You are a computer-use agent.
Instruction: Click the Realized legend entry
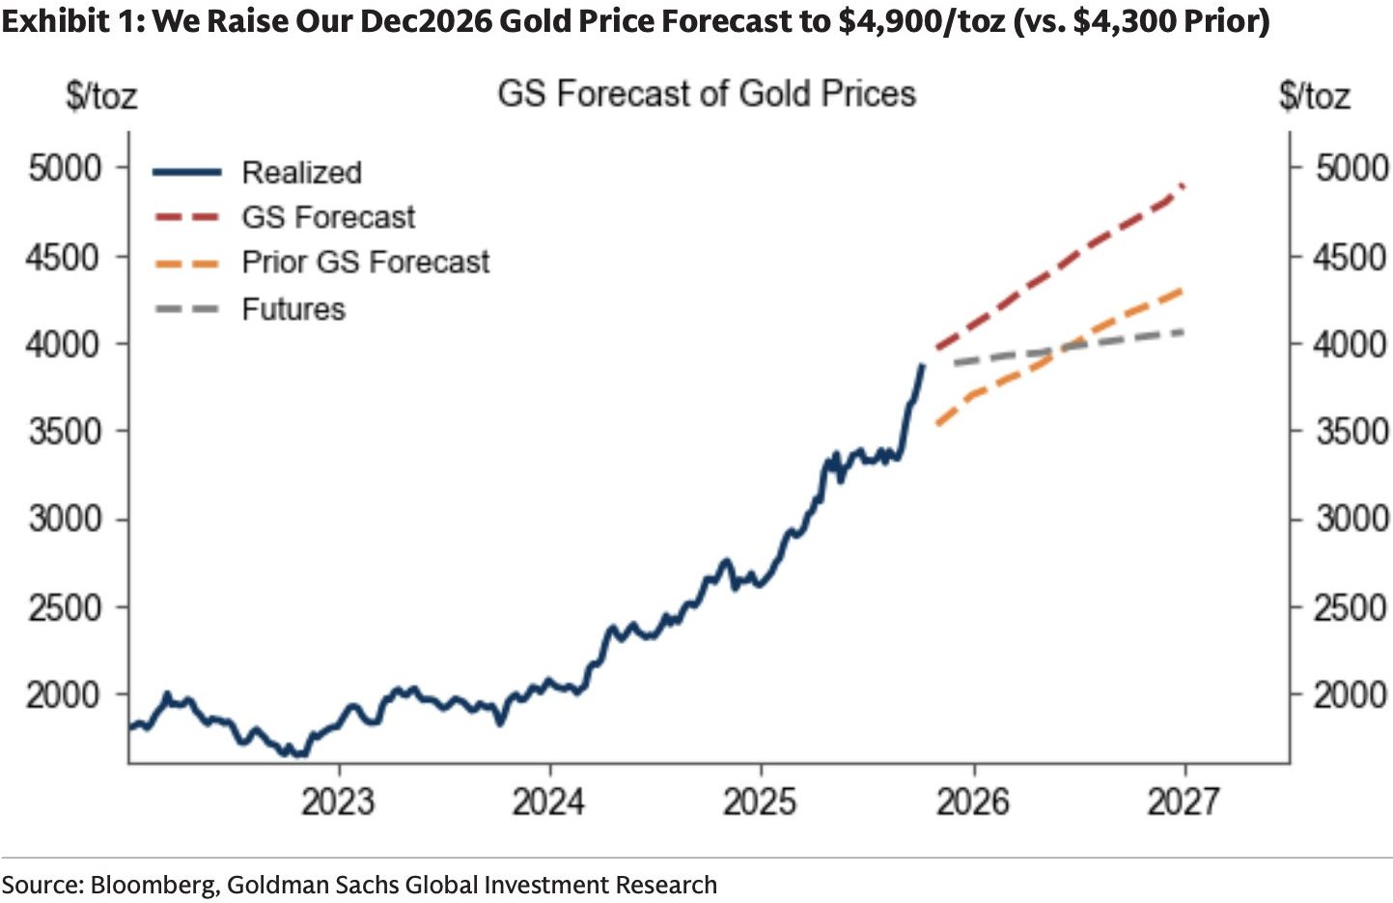coord(301,173)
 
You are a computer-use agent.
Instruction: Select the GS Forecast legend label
coord(328,217)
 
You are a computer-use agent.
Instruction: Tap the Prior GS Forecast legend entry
coord(365,262)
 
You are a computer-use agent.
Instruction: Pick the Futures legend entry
coord(293,309)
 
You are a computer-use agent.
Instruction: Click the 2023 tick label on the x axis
coord(338,802)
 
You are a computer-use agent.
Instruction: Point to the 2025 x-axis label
coord(761,802)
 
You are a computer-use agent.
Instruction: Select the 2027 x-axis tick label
coord(1184,802)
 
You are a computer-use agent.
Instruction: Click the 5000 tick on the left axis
coord(65,168)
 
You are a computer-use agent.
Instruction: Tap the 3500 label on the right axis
coord(1351,431)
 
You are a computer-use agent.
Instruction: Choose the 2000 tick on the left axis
coord(65,694)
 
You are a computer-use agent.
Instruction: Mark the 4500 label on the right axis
coord(1351,258)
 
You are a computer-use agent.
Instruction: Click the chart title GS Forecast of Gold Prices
coord(707,94)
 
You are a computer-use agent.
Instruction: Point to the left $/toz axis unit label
coord(101,96)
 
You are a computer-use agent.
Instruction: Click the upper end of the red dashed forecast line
coord(1183,184)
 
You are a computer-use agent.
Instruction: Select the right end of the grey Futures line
coord(1184,332)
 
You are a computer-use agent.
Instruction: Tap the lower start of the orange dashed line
coord(936,424)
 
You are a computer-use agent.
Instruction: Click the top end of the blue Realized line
coord(923,365)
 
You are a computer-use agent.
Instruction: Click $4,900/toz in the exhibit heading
coord(922,20)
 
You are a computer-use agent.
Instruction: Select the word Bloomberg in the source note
coord(153,885)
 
